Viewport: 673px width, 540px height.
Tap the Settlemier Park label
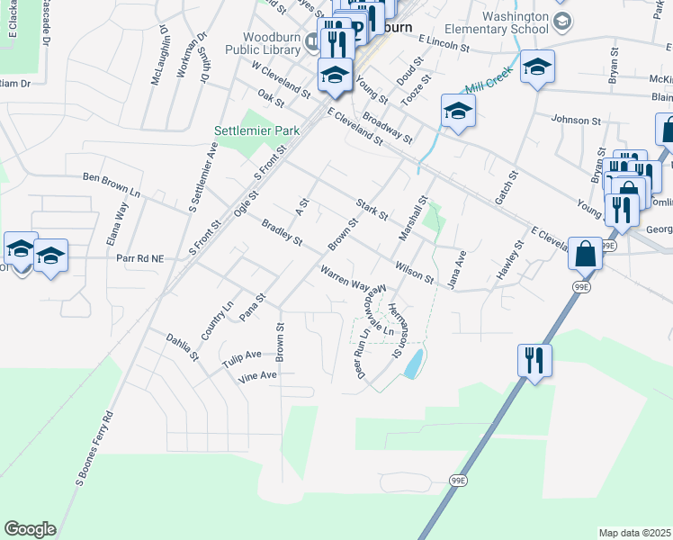[x=256, y=130]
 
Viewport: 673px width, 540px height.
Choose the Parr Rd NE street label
[x=140, y=258]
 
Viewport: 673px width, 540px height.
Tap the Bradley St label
[x=282, y=232]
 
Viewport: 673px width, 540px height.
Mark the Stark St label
[x=372, y=210]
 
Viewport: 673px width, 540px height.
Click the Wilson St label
[x=415, y=271]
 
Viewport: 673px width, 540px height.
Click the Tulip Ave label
[x=241, y=358]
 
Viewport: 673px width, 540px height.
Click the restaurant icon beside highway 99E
[x=534, y=361]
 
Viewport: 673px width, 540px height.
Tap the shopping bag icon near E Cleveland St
[x=585, y=253]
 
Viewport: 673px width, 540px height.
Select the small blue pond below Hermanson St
[x=414, y=364]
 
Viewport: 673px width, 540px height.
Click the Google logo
[x=30, y=529]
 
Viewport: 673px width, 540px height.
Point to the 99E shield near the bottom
[x=459, y=481]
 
